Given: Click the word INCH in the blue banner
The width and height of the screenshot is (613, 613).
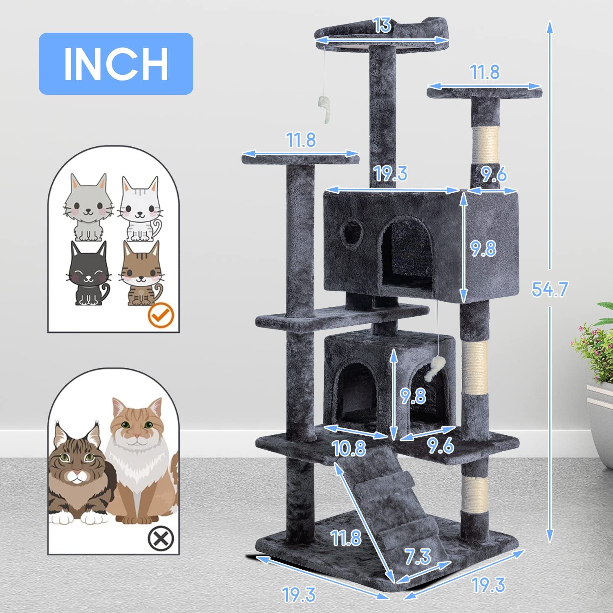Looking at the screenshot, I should (116, 64).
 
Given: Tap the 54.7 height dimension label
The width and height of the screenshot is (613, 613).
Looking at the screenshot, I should (550, 289).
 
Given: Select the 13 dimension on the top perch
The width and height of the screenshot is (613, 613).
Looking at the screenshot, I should (383, 25).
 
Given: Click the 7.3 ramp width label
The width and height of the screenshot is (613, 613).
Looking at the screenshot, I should (418, 557).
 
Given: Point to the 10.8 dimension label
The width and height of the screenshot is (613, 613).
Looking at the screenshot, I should (349, 448).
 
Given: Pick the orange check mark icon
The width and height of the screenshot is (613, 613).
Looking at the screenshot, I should (161, 315).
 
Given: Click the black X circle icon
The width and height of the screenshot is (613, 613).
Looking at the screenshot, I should (161, 538).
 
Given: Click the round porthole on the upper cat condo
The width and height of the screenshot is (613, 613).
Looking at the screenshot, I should (352, 234).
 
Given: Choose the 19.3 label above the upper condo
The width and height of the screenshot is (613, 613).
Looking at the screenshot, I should (391, 173).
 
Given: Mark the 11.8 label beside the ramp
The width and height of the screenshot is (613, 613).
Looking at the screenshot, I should (346, 538).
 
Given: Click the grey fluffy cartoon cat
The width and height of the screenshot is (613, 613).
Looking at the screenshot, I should (88, 208).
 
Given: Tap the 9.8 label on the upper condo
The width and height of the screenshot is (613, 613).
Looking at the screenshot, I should (483, 248).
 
